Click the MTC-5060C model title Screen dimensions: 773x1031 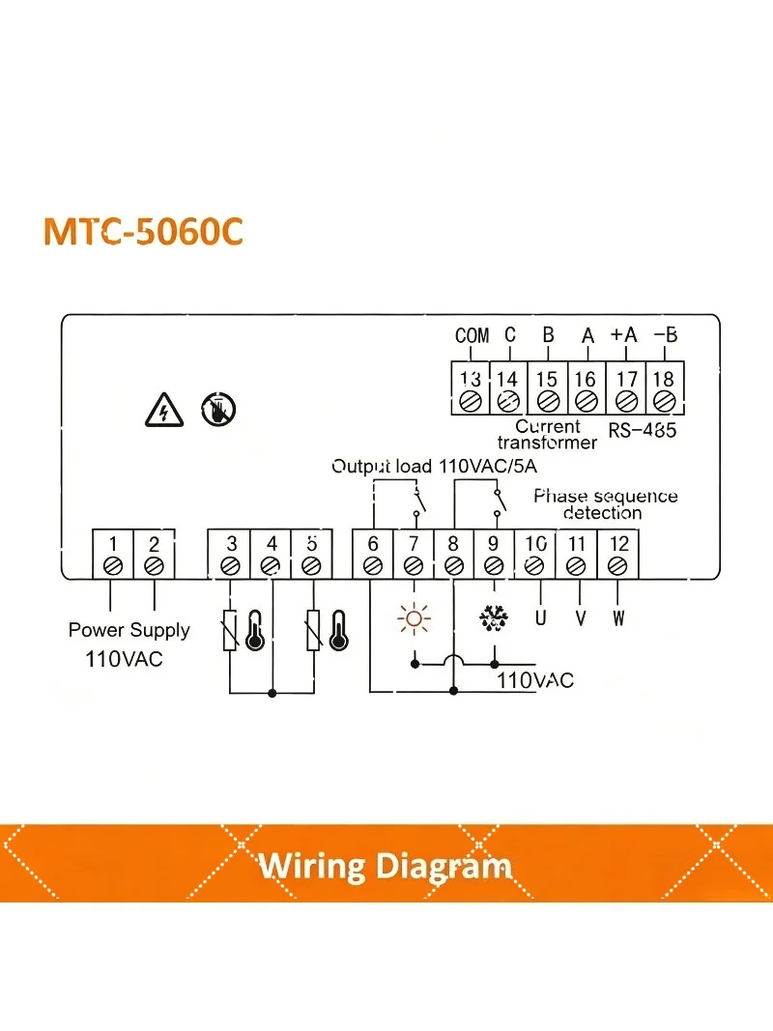click(143, 232)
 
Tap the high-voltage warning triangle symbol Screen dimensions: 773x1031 click(163, 411)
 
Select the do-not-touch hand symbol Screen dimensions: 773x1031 click(218, 410)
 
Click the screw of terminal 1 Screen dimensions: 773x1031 click(113, 565)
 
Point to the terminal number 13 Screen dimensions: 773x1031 click(470, 379)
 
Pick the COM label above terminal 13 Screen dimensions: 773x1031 click(472, 335)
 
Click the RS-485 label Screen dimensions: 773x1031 click(643, 431)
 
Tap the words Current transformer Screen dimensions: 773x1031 click(548, 435)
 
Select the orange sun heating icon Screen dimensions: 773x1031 click(415, 618)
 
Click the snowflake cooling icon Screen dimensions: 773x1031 click(494, 618)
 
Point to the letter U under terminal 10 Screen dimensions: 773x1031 click(540, 618)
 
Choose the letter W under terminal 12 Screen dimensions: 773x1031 click(617, 618)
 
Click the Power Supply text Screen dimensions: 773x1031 click(129, 630)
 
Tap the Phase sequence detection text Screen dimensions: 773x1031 click(606, 504)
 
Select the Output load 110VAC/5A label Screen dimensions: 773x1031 click(435, 466)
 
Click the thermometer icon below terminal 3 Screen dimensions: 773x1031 click(255, 631)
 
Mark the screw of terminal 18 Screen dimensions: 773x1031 click(665, 400)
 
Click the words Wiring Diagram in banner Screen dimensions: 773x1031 click(386, 866)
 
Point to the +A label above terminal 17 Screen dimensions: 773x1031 click(624, 334)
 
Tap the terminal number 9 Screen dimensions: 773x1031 click(493, 544)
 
